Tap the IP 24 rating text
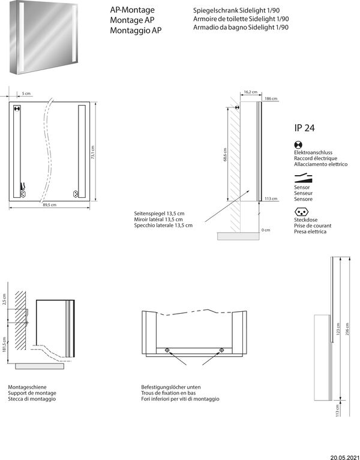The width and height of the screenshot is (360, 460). pos(305,127)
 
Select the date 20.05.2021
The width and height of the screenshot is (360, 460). pos(344,455)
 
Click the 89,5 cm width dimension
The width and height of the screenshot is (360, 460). pos(49,205)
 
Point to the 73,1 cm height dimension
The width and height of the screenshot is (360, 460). pos(93,155)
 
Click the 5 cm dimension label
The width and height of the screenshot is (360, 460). pos(26,94)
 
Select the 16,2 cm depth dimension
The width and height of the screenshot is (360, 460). pos(250,92)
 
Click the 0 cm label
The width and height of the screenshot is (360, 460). pos(266,230)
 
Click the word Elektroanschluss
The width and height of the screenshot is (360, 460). pos(313,154)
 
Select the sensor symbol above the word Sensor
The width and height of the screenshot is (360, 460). pos(303,178)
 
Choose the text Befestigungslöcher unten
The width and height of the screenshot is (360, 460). pos(167,387)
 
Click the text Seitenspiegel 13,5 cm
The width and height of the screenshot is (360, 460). pos(159,214)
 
